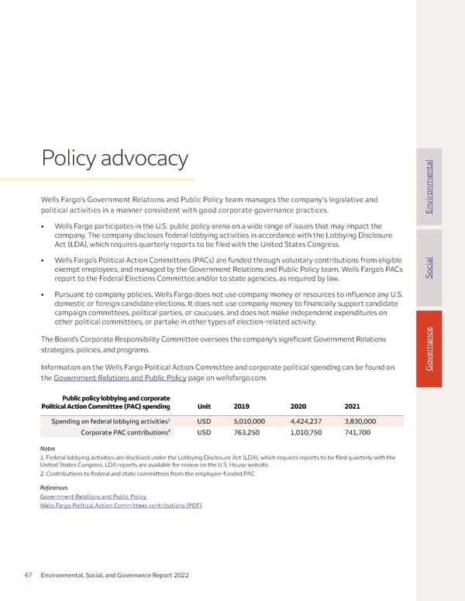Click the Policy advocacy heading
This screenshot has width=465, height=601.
[x=114, y=159]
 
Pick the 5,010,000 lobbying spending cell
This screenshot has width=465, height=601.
[x=251, y=421]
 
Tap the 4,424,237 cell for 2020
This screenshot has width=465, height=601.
[x=308, y=421]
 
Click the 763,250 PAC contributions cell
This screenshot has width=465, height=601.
[x=247, y=433]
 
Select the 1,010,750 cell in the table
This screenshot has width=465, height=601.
[x=308, y=433]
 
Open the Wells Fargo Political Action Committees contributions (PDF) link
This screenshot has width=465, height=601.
[x=121, y=505]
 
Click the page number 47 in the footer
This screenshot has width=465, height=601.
[x=27, y=576]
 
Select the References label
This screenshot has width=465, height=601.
[x=53, y=486]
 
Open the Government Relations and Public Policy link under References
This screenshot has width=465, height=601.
[x=93, y=496]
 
